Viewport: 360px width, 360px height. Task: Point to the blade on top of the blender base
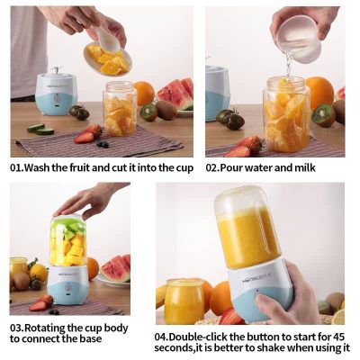tap(56, 70)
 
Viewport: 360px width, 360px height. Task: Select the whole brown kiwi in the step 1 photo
tap(166, 110)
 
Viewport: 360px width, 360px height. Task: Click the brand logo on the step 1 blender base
tap(57, 87)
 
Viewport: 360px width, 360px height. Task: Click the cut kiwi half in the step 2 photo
tap(323, 115)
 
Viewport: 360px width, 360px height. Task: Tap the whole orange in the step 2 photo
tap(319, 93)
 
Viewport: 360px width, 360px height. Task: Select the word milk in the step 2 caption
tap(305, 167)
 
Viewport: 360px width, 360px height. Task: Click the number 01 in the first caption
tap(15, 167)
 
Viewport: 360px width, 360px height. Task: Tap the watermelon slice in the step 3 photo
tap(115, 268)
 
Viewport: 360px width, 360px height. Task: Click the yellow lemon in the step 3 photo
tap(39, 273)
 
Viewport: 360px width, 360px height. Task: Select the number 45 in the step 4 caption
tap(337, 337)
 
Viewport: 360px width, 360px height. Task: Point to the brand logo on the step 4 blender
tap(255, 282)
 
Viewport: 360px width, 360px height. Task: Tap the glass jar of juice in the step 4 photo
tap(184, 301)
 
